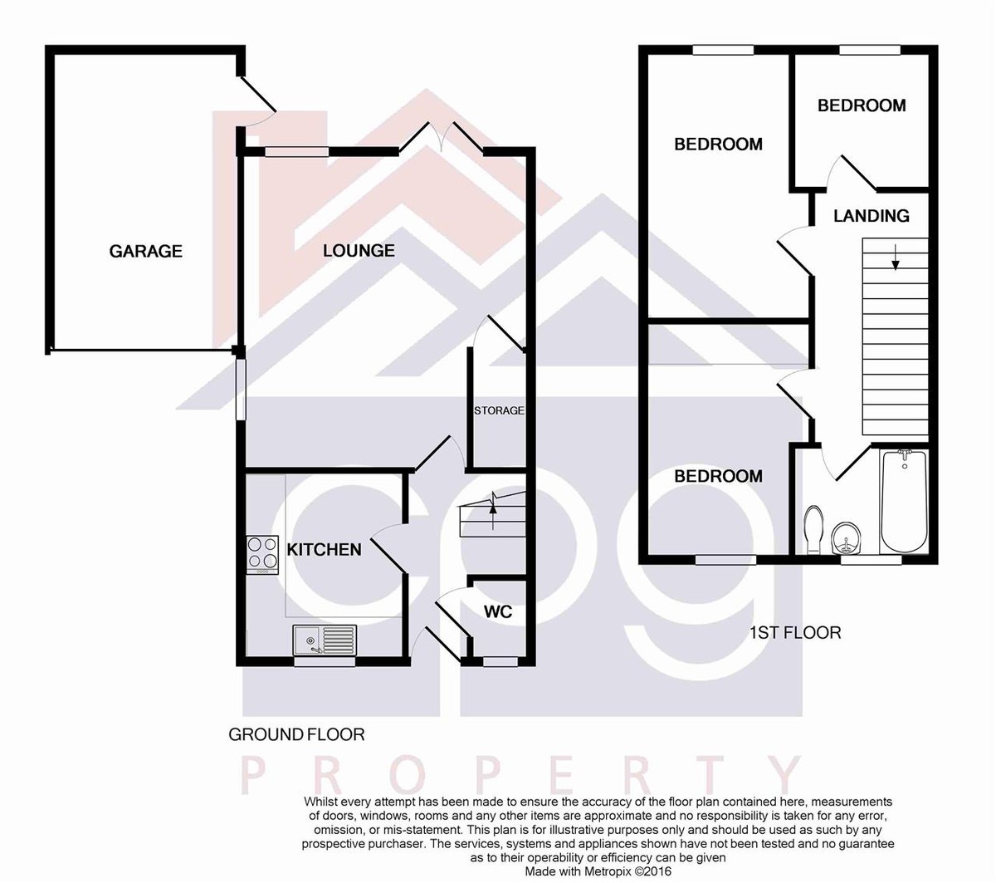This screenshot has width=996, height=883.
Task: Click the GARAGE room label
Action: (145, 252)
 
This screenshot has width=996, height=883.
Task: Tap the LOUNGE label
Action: (359, 251)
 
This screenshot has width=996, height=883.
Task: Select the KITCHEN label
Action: (324, 549)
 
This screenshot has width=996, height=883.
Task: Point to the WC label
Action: (498, 612)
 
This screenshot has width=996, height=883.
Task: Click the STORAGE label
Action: (499, 410)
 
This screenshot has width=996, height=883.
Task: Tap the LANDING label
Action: (871, 215)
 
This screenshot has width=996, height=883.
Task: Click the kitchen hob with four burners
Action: (262, 554)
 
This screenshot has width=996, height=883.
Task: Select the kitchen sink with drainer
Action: (325, 640)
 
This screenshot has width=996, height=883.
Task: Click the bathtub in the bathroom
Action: (905, 501)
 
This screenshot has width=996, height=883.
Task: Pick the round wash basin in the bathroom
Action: (846, 537)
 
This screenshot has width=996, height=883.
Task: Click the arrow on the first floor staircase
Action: (896, 257)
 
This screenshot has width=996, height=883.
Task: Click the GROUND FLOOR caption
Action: (296, 734)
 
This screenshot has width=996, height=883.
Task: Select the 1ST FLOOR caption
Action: (795, 632)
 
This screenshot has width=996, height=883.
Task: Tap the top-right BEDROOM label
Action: (862, 105)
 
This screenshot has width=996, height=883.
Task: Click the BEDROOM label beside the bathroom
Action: (718, 476)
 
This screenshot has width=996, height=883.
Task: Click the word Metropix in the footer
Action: (607, 871)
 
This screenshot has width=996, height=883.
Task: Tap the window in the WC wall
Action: (500, 662)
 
